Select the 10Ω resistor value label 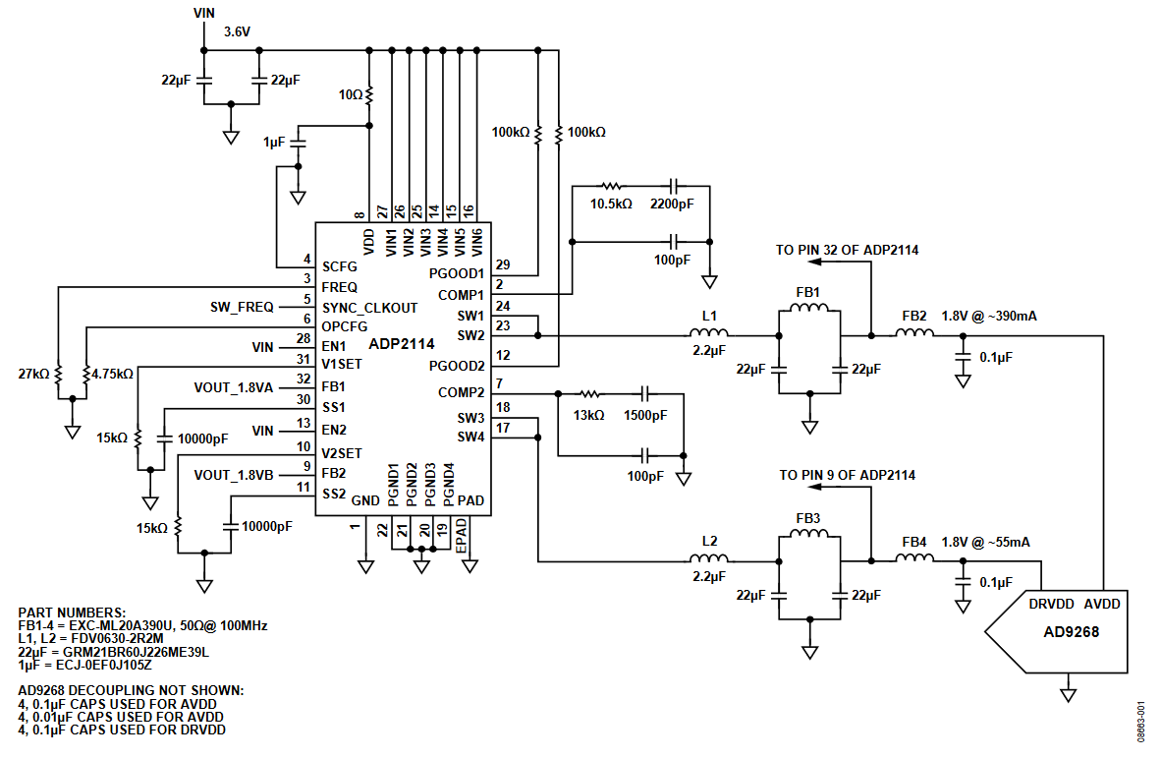[x=350, y=95]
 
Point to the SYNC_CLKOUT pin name [x=369, y=308]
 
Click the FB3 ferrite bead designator [x=808, y=518]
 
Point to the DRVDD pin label [x=1051, y=604]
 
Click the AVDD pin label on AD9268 [x=1103, y=604]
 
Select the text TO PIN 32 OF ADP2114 [x=847, y=251]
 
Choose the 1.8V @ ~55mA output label [x=986, y=542]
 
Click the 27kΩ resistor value [x=33, y=375]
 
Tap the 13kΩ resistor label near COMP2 [x=588, y=416]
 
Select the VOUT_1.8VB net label [x=236, y=474]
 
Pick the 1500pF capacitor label [x=645, y=416]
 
